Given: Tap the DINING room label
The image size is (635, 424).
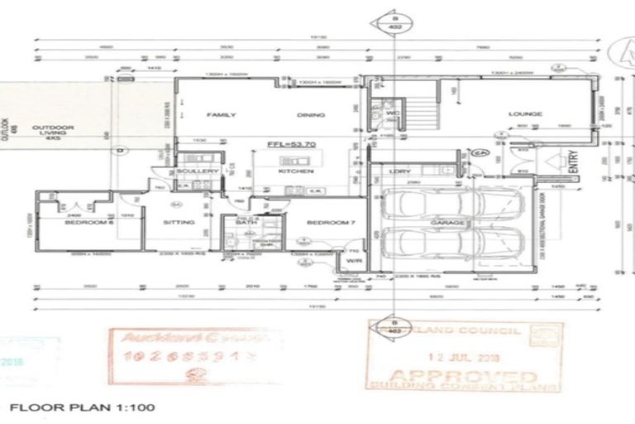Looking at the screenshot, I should (x=311, y=116).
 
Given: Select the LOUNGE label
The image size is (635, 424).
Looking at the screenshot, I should (x=525, y=114).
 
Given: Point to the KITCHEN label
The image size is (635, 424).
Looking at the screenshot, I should (x=295, y=171).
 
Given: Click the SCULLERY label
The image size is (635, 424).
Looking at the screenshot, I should (x=198, y=171).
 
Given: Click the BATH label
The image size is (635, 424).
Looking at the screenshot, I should (x=244, y=223).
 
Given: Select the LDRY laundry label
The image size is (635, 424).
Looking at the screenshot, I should (x=401, y=172).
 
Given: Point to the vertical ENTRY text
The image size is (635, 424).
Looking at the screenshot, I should (x=573, y=161).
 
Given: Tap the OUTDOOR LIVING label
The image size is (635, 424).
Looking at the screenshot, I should (x=53, y=132).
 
